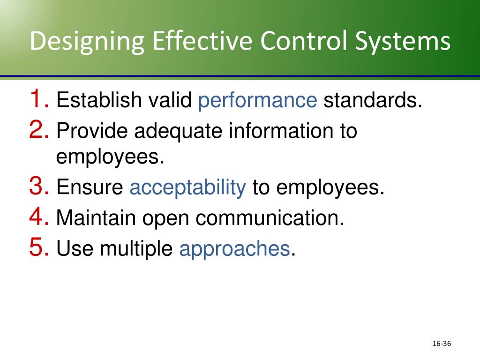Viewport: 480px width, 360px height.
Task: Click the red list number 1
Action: (x=38, y=99)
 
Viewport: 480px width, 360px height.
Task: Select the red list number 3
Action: (x=38, y=187)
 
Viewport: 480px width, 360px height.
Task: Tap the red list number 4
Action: (x=38, y=217)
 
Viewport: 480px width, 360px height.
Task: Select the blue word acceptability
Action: (x=187, y=188)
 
